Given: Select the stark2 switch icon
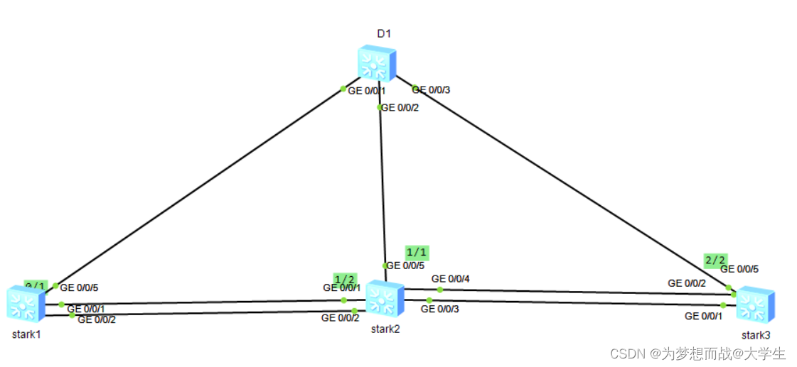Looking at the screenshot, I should click(384, 299).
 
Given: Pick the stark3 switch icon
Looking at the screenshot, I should click(754, 305).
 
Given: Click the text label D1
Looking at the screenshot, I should click(384, 33).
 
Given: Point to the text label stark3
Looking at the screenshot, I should click(756, 334).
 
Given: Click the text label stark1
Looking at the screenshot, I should click(26, 334).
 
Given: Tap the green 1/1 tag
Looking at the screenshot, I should click(417, 252).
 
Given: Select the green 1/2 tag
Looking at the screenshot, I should click(346, 278).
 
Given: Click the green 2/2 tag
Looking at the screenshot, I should click(715, 260).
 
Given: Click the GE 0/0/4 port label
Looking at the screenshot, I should click(451, 279).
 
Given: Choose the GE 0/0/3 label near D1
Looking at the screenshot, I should click(431, 90).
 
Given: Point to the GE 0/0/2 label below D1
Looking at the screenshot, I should click(400, 108).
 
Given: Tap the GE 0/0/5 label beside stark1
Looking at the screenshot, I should click(78, 288).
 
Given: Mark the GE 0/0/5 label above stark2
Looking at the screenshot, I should click(405, 266).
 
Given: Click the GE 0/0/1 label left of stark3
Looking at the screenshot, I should click(704, 317).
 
